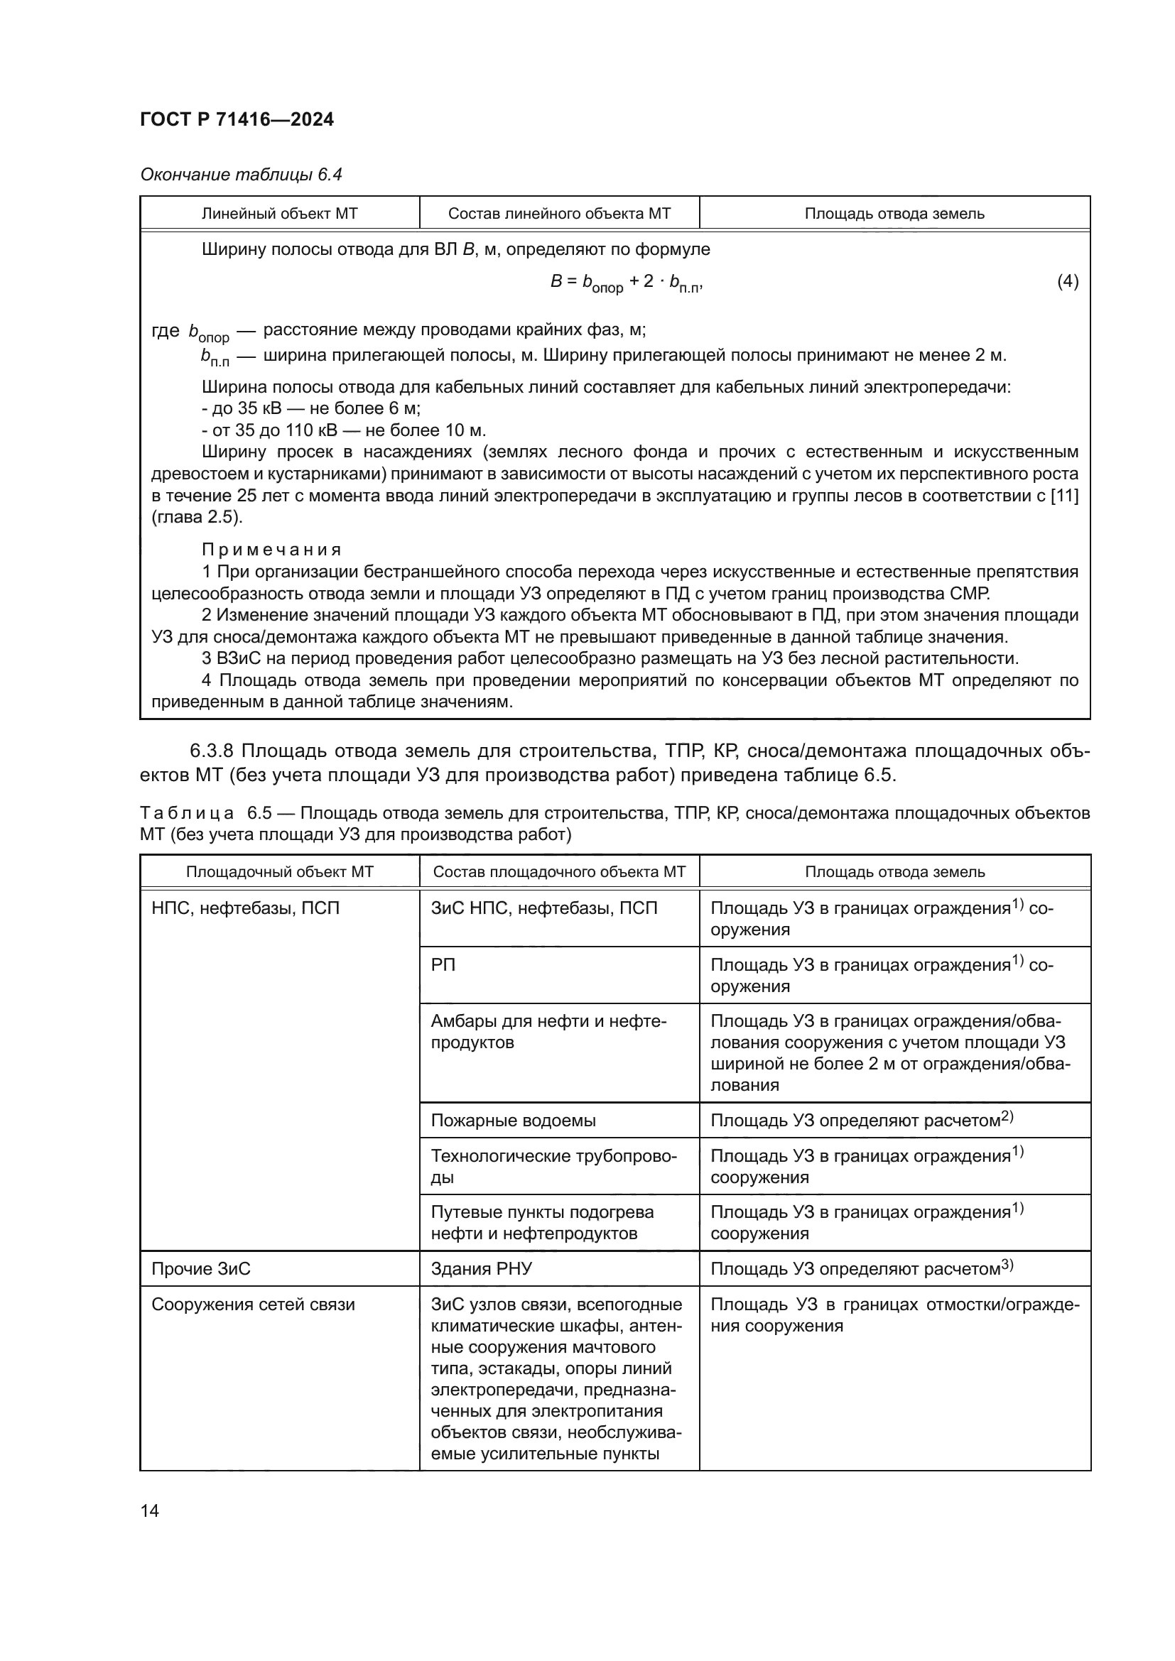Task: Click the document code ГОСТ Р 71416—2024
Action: click(237, 120)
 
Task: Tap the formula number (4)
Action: click(1067, 281)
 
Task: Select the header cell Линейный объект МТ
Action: click(279, 214)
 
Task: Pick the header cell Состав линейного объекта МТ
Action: click(559, 214)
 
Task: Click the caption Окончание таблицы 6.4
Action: click(241, 175)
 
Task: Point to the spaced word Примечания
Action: click(271, 550)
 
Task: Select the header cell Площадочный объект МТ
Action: click(279, 872)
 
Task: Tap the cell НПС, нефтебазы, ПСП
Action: click(245, 908)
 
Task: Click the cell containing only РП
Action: click(443, 965)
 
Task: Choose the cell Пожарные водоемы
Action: click(513, 1121)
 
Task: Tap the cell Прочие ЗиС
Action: click(200, 1269)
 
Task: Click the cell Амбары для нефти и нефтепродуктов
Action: click(548, 1032)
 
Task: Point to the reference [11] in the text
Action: click(1063, 496)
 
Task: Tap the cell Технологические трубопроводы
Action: click(553, 1166)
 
